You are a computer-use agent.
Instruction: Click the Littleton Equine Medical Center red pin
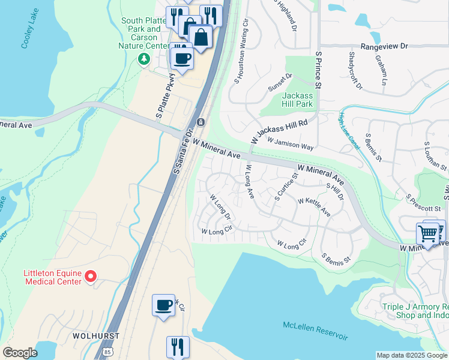[x=91, y=276]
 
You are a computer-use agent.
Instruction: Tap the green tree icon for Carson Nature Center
[x=143, y=59]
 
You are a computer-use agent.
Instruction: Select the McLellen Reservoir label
[x=315, y=330]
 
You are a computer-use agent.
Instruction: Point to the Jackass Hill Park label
[x=297, y=100]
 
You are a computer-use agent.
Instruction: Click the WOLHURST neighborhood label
[x=95, y=335]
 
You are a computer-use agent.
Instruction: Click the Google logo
[x=20, y=353]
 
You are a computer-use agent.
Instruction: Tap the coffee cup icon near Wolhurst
[x=163, y=305]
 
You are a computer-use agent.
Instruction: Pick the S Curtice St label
[x=286, y=187]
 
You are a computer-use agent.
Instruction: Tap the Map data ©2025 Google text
[x=412, y=355]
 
